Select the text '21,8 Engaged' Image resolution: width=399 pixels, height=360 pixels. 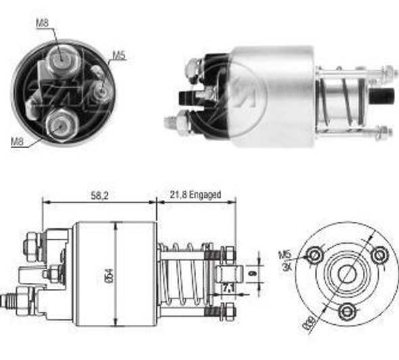tap(196, 194)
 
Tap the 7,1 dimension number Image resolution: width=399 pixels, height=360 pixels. tap(228, 290)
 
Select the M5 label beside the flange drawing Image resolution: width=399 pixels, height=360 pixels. tap(284, 255)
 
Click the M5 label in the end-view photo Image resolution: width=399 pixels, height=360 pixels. tap(119, 56)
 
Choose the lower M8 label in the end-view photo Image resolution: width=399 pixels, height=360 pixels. tap(18, 142)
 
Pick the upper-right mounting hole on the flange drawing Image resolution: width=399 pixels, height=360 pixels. tap(380, 254)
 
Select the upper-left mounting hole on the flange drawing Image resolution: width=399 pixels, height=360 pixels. tap(314, 255)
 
